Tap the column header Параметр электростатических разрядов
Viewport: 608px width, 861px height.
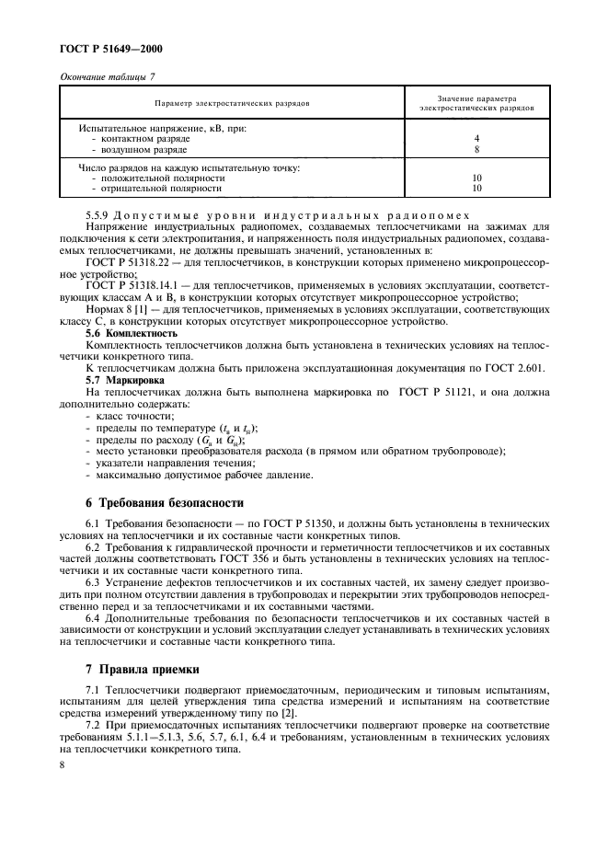pos(232,102)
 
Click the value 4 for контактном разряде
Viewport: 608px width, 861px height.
pos(476,138)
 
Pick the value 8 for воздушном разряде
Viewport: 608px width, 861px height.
pos(476,148)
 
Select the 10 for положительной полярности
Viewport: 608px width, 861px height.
pos(476,178)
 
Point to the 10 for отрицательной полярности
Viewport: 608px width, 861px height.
pos(476,188)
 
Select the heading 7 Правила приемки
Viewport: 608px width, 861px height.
pos(140,669)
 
